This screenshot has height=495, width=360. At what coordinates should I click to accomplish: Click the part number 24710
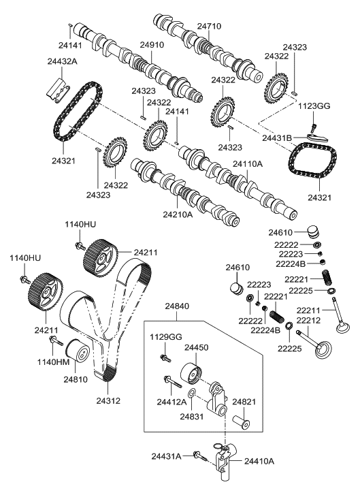click(x=209, y=26)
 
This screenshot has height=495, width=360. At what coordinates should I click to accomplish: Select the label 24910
click(x=152, y=45)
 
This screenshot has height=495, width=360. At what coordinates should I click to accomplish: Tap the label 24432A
click(x=62, y=61)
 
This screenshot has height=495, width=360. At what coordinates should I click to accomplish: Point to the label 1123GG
click(x=314, y=106)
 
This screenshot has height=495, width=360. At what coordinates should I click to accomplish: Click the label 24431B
click(x=278, y=138)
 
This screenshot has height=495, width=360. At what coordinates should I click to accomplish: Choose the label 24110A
click(x=248, y=164)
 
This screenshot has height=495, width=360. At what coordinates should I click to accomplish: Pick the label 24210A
click(x=178, y=214)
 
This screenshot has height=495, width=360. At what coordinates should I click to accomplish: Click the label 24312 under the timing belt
click(x=108, y=401)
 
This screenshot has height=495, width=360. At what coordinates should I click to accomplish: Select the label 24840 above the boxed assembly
click(x=178, y=306)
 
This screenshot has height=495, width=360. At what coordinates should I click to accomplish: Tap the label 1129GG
click(x=166, y=337)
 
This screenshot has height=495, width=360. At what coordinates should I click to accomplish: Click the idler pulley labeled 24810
click(x=78, y=351)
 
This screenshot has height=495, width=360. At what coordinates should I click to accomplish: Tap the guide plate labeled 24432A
click(x=59, y=89)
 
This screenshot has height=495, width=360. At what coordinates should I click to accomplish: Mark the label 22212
click(x=308, y=321)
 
